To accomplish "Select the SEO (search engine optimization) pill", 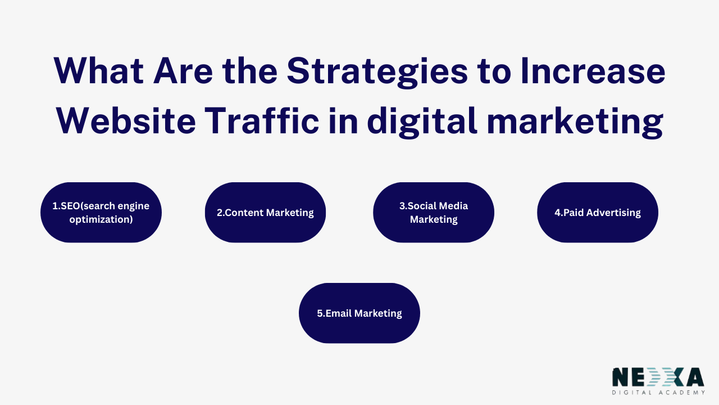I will (x=101, y=213).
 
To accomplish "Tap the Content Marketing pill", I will (x=265, y=213).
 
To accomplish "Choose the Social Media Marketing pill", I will (x=434, y=213).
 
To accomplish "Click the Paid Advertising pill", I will (x=598, y=213).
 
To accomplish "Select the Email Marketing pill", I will (x=359, y=313).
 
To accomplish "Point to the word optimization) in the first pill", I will (x=101, y=219).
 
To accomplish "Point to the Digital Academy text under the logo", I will (x=658, y=392).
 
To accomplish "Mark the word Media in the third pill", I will (x=453, y=206).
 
